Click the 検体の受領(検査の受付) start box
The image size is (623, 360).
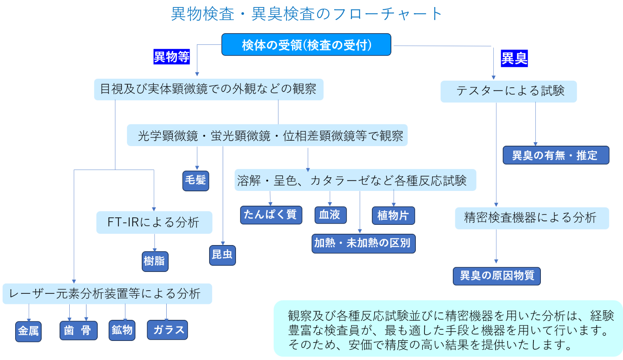click(x=306, y=45)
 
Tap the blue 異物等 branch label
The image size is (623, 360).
click(x=171, y=57)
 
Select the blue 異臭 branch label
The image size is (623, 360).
click(x=514, y=58)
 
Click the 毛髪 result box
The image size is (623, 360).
click(x=195, y=180)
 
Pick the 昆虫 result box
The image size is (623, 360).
click(x=222, y=255)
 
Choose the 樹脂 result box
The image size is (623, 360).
click(x=155, y=261)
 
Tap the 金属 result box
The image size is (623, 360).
click(x=28, y=331)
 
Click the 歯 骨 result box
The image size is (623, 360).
click(x=78, y=330)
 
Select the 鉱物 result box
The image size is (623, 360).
click(x=122, y=330)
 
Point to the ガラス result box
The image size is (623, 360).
click(x=167, y=330)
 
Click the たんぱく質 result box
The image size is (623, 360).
click(x=271, y=215)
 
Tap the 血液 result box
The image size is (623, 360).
click(x=330, y=215)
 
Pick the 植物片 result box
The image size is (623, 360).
click(x=393, y=215)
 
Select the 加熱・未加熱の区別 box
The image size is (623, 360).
click(x=363, y=244)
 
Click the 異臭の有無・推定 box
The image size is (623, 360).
click(x=556, y=155)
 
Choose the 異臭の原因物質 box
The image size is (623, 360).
click(x=496, y=276)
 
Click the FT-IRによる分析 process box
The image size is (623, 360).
click(x=154, y=222)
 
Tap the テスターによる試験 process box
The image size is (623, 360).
click(x=509, y=92)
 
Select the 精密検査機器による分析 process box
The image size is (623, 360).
click(x=531, y=218)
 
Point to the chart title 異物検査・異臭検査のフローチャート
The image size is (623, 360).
click(x=306, y=14)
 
